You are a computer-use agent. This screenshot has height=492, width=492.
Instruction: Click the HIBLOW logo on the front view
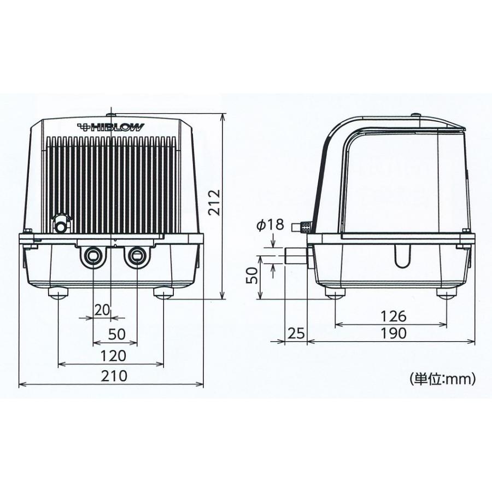pyautogui.click(x=112, y=127)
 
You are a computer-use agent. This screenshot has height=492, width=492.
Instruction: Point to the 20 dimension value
pyautogui.click(x=102, y=310)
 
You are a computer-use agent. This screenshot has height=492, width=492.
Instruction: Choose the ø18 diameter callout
pyautogui.click(x=270, y=225)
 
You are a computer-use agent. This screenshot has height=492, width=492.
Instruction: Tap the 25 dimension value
pyautogui.click(x=296, y=333)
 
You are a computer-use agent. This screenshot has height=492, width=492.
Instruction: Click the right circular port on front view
pyautogui.click(x=135, y=255)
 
